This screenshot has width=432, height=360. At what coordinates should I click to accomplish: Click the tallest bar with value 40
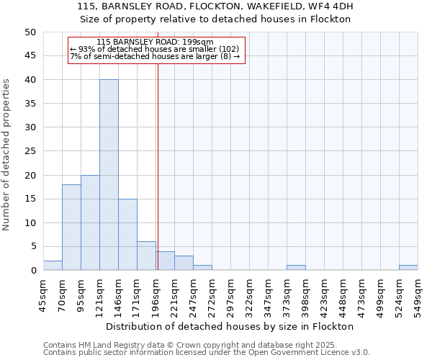tap(109, 175)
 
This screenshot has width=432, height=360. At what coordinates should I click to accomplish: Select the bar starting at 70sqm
tap(71, 228)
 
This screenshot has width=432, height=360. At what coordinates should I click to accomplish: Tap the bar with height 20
tap(90, 222)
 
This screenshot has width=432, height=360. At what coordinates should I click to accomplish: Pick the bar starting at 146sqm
tap(127, 235)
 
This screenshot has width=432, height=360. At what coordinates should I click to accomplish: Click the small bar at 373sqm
tap(296, 268)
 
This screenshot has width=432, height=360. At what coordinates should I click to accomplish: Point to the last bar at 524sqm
tap(408, 268)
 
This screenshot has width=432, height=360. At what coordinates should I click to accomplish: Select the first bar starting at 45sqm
tap(53, 266)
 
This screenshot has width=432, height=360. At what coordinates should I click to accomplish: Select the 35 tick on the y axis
tap(30, 104)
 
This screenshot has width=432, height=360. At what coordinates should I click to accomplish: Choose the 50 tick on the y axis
tap(30, 32)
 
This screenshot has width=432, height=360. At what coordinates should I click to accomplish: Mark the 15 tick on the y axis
tap(30, 199)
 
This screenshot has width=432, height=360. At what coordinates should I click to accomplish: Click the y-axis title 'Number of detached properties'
tap(6, 155)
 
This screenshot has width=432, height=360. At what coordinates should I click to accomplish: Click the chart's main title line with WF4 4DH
tap(215, 6)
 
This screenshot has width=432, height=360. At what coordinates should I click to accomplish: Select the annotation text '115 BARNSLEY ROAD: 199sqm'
tap(155, 42)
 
